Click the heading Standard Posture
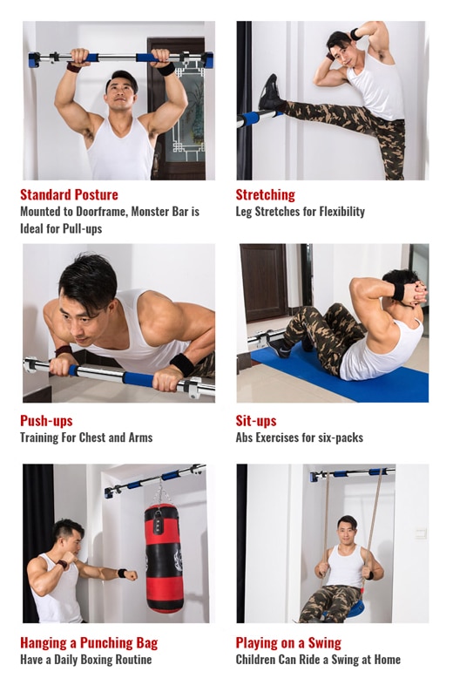69,194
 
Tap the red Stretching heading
265,194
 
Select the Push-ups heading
46,421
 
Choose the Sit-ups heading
256,421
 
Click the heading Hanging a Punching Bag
89,642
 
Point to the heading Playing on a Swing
288,642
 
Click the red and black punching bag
164,559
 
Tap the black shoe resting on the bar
269,93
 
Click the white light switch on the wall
421,533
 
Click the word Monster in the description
152,212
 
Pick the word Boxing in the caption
90,660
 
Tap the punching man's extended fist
131,575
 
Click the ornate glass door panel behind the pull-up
189,110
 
